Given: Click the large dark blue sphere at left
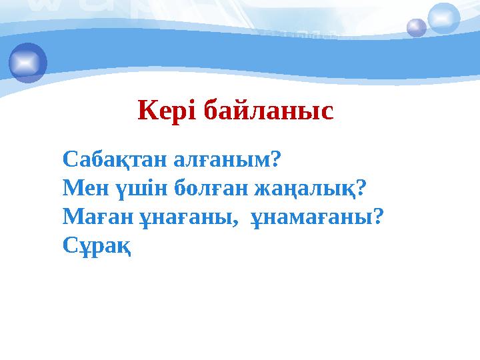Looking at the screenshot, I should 28,63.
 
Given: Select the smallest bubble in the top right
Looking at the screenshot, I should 417,28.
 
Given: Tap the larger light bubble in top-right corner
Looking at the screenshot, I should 444,18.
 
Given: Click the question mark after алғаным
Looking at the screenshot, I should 275,160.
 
